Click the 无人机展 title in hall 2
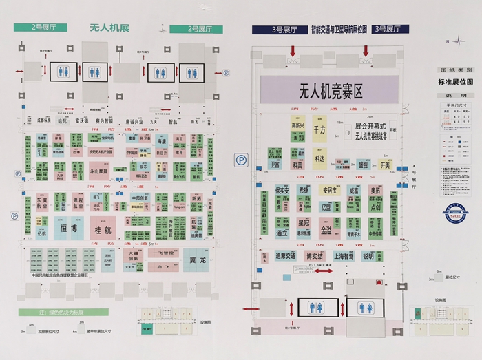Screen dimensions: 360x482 point(109,29)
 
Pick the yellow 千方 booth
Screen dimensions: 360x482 point(319,129)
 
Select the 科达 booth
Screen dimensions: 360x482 point(319,158)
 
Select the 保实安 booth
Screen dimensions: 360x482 point(282,189)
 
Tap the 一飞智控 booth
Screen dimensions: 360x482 point(162,252)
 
